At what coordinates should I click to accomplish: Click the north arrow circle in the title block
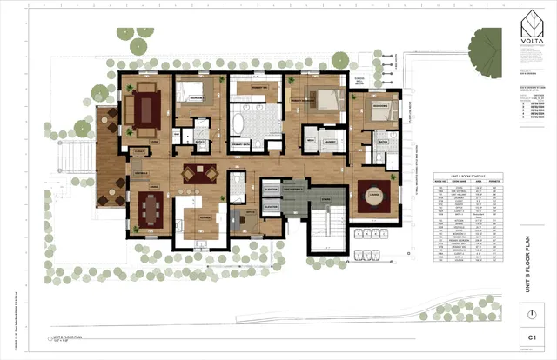[529, 313]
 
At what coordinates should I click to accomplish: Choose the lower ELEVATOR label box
[271, 206]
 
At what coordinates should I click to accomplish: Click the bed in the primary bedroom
[319, 97]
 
